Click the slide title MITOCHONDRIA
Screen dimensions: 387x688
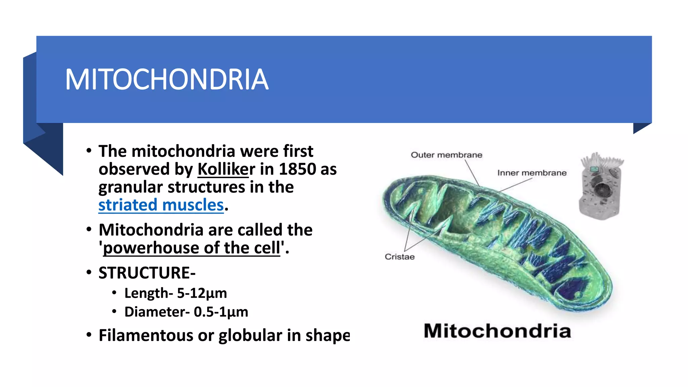[167, 80]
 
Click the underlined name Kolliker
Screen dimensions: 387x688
[226, 169]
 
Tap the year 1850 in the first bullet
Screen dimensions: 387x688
[297, 169]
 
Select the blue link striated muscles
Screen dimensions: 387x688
[161, 205]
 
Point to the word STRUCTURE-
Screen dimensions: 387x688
[147, 272]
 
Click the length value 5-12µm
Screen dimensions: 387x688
[202, 293]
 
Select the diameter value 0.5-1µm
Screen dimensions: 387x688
[221, 312]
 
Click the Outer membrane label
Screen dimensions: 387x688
[446, 155]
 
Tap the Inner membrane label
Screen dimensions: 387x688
[532, 173]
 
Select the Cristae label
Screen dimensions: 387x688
[399, 257]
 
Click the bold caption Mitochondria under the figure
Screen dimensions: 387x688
[497, 331]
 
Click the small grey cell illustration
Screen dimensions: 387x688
[600, 186]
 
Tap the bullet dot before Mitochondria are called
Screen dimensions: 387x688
[89, 230]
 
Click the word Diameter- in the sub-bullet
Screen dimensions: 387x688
[157, 312]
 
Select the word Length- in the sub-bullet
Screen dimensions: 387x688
[148, 293]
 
